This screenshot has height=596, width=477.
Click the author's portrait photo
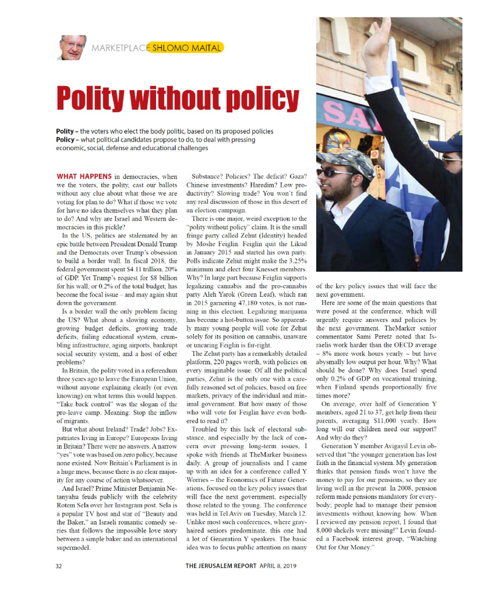pos(72,47)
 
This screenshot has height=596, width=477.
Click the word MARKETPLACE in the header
pos(119,48)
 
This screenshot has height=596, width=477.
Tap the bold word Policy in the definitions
pos(64,140)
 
